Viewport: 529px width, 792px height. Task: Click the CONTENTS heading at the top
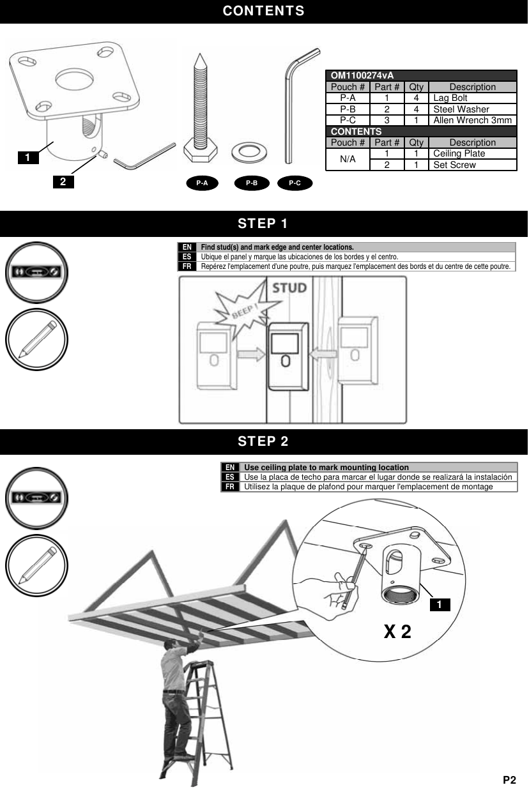[x=264, y=11]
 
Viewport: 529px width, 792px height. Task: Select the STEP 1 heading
[x=263, y=224]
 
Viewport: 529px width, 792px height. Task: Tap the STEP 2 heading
[x=263, y=441]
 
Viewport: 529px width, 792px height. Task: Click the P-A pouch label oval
[x=202, y=183]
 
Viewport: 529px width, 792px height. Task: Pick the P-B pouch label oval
[x=252, y=183]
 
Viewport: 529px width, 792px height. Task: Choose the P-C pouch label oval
[x=295, y=183]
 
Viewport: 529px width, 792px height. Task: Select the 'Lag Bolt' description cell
[x=472, y=98]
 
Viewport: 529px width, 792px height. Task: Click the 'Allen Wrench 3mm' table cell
[x=472, y=120]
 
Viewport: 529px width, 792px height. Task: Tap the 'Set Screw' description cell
[x=472, y=165]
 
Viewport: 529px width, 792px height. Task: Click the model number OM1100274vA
[x=362, y=75]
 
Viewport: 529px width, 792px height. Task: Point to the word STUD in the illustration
[x=289, y=288]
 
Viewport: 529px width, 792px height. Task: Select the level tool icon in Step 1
[x=36, y=271]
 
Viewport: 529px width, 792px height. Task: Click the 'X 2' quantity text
[x=397, y=632]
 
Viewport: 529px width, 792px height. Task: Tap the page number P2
[x=509, y=780]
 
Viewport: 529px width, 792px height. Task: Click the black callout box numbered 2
[x=63, y=182]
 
